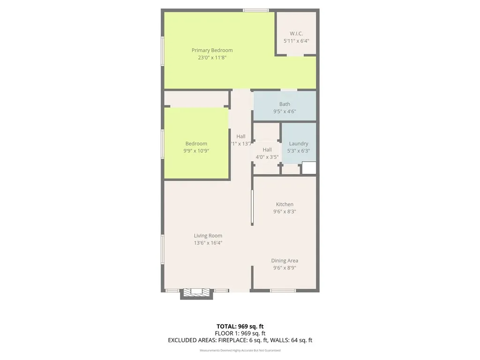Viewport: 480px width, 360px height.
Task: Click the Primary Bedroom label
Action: [212, 50]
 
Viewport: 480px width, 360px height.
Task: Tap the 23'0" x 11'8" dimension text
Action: [212, 58]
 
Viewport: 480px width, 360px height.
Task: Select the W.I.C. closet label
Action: [296, 34]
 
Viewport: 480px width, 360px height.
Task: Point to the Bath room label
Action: [285, 104]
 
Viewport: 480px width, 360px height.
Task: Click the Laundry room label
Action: [299, 143]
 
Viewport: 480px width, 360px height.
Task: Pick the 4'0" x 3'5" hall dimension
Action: [267, 157]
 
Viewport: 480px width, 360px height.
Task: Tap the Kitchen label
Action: [285, 204]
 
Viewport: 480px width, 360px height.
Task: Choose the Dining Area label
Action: [285, 261]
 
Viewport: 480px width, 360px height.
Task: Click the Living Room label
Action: [208, 236]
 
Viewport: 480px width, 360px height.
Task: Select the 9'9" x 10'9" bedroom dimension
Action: [196, 151]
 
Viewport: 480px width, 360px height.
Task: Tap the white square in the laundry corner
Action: [309, 168]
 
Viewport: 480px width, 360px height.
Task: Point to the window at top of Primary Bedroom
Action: [256, 10]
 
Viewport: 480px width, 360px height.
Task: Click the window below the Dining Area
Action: [283, 291]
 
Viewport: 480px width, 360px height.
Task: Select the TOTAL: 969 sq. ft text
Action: [240, 326]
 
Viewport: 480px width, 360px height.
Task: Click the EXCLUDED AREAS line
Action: [240, 340]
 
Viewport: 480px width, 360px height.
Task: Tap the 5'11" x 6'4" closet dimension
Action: [296, 41]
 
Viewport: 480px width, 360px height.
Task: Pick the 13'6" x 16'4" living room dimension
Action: [208, 243]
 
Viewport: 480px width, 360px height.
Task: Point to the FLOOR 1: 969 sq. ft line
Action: [240, 333]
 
